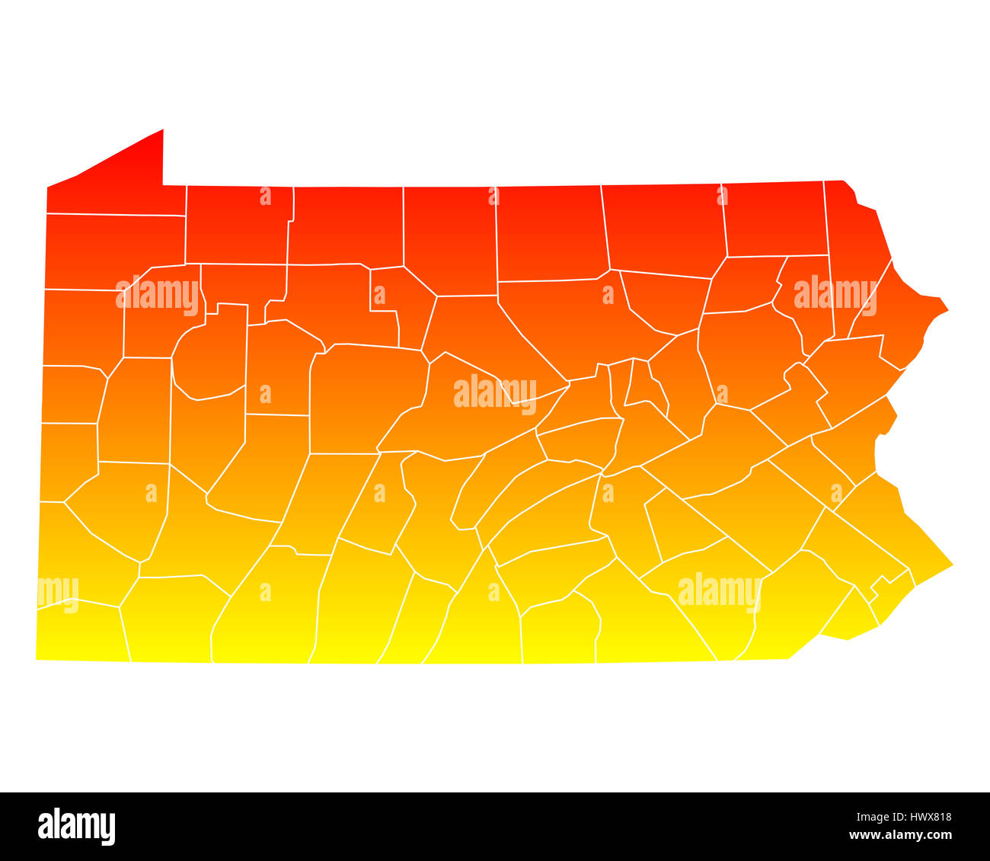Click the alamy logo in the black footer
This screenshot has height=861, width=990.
tap(77, 827)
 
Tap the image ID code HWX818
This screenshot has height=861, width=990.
tap(923, 818)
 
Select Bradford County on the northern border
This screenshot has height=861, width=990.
tap(663, 229)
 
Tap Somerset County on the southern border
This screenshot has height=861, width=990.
tap(267, 610)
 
